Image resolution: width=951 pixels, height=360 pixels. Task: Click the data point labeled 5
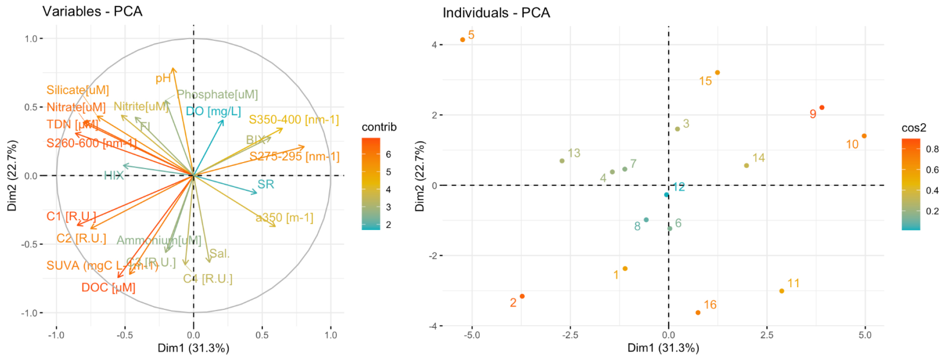pyautogui.click(x=463, y=40)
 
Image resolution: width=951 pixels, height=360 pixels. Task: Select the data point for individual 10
pyautogui.click(x=864, y=136)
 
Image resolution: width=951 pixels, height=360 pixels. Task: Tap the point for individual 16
pyautogui.click(x=698, y=313)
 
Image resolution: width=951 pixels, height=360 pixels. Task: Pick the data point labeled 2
pyautogui.click(x=522, y=296)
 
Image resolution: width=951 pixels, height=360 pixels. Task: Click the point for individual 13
pyautogui.click(x=562, y=161)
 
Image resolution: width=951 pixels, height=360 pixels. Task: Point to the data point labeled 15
pyautogui.click(x=717, y=73)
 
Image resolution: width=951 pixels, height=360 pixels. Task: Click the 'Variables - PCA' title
pyautogui.click(x=92, y=11)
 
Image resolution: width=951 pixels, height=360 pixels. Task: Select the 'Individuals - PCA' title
pyautogui.click(x=496, y=13)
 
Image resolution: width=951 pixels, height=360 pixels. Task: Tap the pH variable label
pyautogui.click(x=163, y=78)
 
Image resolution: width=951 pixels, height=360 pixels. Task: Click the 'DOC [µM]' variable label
pyautogui.click(x=108, y=288)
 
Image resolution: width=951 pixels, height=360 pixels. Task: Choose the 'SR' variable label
pyautogui.click(x=265, y=184)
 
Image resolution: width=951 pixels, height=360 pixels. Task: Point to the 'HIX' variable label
pyautogui.click(x=114, y=176)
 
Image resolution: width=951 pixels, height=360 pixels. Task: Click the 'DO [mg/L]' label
pyautogui.click(x=213, y=111)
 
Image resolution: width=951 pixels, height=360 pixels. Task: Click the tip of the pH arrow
pyautogui.click(x=173, y=69)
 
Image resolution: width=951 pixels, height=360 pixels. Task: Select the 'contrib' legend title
pyautogui.click(x=379, y=127)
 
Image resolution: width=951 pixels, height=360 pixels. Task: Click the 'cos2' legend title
pyautogui.click(x=913, y=128)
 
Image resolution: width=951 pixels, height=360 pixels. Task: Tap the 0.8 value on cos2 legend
pyautogui.click(x=932, y=149)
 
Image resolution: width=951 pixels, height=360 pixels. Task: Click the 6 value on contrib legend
pyautogui.click(x=388, y=154)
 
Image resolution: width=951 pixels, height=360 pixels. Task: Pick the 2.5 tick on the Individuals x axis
pyautogui.click(x=766, y=335)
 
